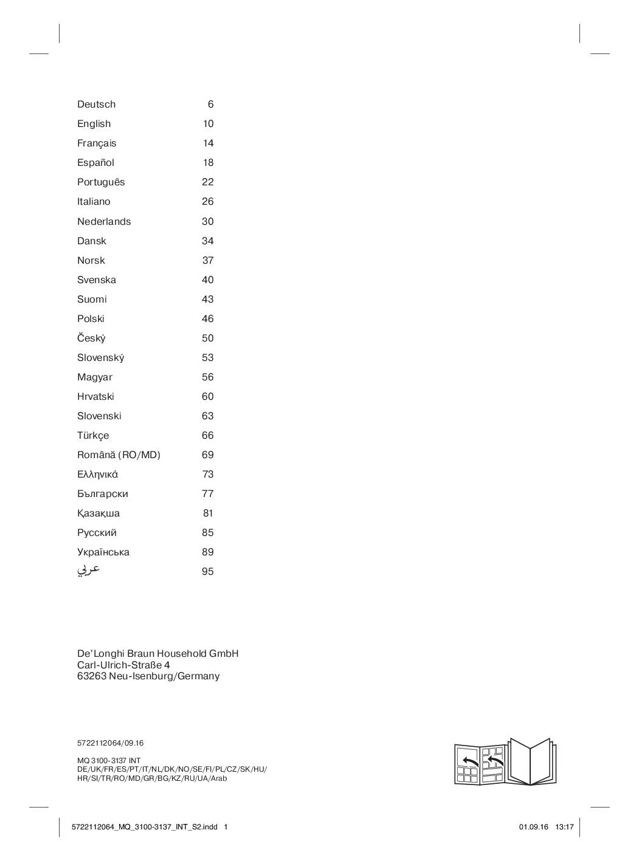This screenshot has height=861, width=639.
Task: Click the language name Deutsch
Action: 96,105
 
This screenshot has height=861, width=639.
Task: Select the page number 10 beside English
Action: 208,124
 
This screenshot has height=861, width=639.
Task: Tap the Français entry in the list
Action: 97,143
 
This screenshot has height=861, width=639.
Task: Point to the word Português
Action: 101,182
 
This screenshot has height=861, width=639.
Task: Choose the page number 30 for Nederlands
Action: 207,222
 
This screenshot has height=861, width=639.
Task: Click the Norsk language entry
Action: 91,261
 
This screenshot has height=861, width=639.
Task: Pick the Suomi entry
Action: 92,300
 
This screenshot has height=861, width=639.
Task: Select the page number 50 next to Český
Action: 207,338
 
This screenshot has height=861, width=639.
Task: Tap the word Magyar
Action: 95,377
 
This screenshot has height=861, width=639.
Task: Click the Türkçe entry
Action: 93,436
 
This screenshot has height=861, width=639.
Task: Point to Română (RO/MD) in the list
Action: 119,455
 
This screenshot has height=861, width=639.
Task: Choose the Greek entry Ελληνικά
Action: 97,475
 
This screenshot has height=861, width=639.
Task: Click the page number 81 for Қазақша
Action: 208,513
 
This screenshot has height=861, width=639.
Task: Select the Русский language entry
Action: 97,533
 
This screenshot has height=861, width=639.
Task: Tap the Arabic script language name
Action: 89,571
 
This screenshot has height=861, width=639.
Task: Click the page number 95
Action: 207,572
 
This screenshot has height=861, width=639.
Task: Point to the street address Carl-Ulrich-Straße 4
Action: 123,665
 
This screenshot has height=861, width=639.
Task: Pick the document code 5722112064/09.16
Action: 110,743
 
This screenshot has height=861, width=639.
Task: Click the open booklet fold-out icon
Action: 505,762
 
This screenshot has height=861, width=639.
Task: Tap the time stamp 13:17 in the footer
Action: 564,827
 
